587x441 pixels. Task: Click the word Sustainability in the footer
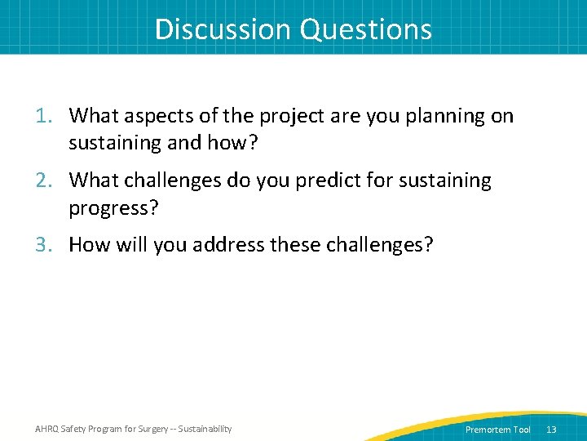point(205,429)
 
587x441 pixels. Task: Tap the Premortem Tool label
point(497,430)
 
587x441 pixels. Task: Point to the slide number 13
point(551,430)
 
